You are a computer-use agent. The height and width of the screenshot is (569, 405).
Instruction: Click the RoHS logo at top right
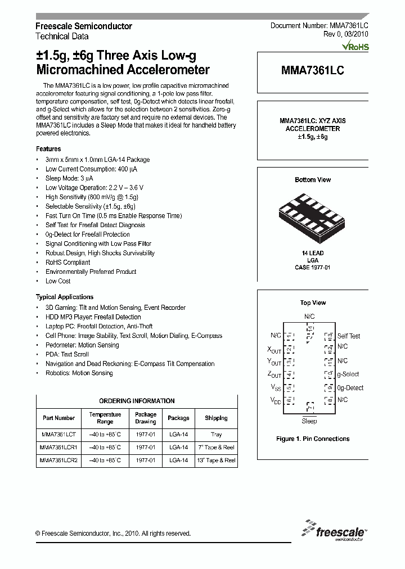click(x=355, y=47)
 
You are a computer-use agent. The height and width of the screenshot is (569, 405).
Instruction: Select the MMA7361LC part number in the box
click(x=313, y=71)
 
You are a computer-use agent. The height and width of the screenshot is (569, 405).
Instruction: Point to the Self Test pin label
click(x=349, y=336)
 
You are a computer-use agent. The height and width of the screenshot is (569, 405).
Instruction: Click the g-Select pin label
click(x=348, y=374)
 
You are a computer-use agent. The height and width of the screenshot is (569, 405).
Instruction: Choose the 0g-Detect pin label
click(x=350, y=388)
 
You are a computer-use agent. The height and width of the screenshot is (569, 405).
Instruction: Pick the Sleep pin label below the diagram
click(x=309, y=421)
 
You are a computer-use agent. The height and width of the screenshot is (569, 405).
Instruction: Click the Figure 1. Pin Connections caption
click(x=313, y=439)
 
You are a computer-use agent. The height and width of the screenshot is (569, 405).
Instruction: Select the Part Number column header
click(x=58, y=418)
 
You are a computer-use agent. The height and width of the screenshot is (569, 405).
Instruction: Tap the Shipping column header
click(x=216, y=418)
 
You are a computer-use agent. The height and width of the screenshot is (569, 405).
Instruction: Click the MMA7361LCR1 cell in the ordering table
click(x=58, y=448)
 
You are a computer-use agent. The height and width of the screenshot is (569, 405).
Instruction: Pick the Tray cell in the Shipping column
click(x=216, y=435)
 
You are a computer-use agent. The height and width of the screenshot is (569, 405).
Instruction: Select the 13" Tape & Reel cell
click(x=216, y=460)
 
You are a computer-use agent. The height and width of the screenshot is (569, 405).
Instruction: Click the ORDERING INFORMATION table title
click(x=137, y=401)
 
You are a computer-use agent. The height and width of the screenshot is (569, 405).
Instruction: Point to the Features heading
click(x=48, y=149)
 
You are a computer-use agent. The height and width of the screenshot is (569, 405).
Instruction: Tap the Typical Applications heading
click(x=65, y=297)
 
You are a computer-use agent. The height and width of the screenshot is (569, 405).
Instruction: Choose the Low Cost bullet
click(x=58, y=281)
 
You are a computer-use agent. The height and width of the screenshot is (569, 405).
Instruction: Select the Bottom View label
click(x=313, y=180)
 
